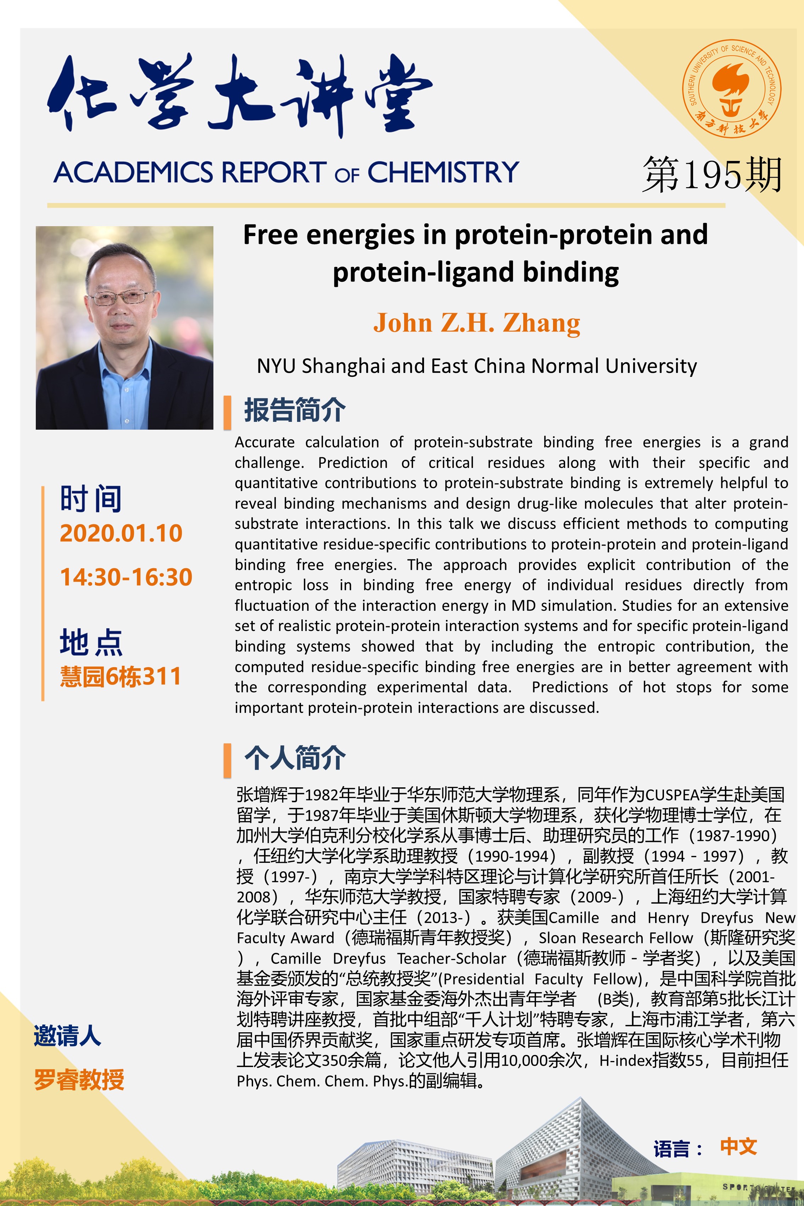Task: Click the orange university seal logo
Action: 731,89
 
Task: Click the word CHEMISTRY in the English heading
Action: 443,172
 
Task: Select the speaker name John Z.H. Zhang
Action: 476,323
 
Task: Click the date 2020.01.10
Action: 121,533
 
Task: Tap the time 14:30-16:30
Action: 126,577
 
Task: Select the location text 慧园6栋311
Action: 121,676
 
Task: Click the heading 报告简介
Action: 295,410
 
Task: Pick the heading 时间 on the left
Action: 91,498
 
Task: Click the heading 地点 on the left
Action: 91,642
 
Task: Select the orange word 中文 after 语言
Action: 738,1146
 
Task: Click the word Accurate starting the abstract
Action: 264,442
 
